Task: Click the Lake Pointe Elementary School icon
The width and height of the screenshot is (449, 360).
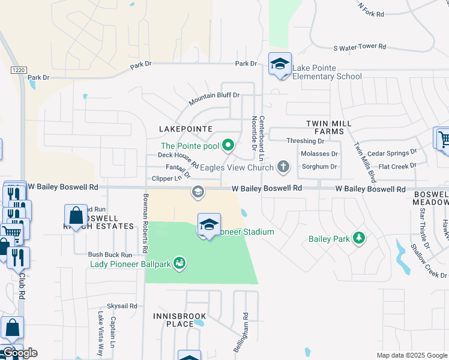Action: click(280, 65)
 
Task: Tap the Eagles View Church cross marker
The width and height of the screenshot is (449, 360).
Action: click(283, 167)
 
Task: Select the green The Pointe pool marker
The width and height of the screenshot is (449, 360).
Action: click(228, 145)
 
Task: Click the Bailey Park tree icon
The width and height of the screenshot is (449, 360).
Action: click(359, 239)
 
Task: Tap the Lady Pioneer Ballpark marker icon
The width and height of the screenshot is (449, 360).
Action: click(178, 263)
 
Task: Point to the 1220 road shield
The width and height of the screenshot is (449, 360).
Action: click(18, 70)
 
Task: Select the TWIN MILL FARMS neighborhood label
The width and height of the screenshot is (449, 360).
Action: click(328, 127)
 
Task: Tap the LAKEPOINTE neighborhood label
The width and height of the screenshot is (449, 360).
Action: click(185, 129)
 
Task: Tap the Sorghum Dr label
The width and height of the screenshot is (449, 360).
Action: click(320, 167)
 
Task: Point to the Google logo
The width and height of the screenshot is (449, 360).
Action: click(19, 353)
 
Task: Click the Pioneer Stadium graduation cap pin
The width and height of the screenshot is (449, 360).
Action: click(208, 226)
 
